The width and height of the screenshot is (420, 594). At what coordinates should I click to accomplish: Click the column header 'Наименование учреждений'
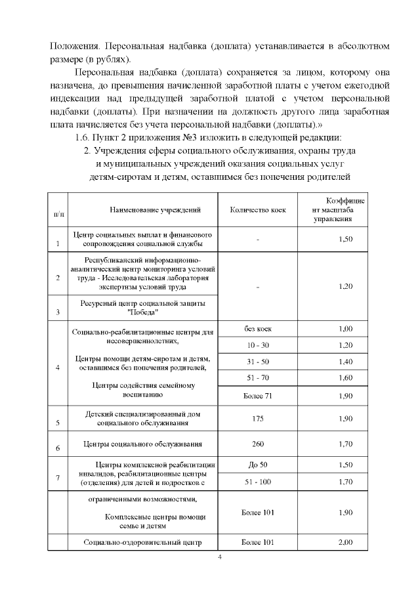pos(146,209)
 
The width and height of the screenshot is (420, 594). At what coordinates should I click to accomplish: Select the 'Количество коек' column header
pos(257,209)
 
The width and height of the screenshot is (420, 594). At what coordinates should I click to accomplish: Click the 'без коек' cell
pos(257,328)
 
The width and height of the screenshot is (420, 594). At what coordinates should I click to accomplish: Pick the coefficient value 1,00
pos(345,328)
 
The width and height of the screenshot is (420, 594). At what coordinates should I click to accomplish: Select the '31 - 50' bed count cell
pos(257,362)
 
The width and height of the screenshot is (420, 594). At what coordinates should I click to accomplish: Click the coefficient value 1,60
pos(345,378)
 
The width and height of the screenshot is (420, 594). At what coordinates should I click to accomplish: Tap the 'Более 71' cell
pos(257,396)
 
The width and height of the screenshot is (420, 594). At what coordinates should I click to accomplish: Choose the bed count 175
pos(257,418)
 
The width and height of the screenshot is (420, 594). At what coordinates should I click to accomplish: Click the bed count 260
pos(257,444)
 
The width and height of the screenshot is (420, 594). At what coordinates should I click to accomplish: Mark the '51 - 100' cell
pos(257,481)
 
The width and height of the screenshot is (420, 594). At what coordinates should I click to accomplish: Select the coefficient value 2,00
pos(345,542)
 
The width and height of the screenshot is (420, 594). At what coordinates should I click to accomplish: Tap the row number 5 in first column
pos(58,423)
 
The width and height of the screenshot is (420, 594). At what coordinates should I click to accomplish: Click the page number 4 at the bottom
pos(220,558)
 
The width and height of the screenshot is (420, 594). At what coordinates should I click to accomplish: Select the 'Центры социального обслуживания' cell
pos(142,444)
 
